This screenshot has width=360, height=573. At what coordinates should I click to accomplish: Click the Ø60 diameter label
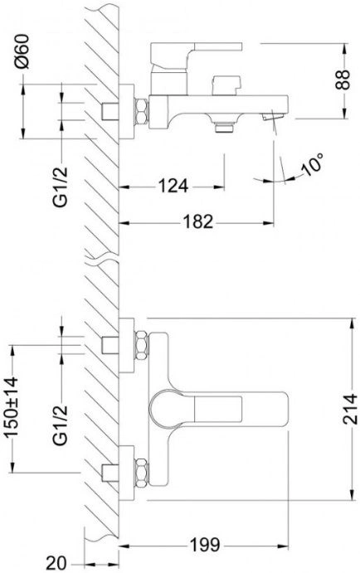coord(22,51)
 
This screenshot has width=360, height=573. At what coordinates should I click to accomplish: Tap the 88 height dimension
coord(343,80)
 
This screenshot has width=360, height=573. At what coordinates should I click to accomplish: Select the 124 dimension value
coord(173,186)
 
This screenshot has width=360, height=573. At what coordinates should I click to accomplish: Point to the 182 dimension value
coord(197,221)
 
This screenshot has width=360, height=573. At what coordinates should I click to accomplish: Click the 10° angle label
coord(312,165)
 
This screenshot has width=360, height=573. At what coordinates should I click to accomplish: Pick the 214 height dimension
coord(350,409)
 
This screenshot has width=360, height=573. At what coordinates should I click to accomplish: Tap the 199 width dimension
coord(205,546)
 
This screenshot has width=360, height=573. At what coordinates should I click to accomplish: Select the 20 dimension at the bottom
coord(56,563)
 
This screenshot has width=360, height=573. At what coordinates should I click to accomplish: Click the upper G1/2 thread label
coord(61,186)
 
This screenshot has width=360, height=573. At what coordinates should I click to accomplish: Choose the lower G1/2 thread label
coord(61,425)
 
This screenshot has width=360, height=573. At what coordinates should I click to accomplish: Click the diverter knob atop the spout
coord(226,85)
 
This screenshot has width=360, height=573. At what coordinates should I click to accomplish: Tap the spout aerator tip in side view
coord(273,117)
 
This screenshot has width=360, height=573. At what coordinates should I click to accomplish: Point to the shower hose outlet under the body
coord(224,127)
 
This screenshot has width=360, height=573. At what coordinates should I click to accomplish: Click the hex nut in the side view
coord(142,111)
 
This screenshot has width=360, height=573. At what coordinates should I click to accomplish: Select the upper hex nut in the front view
coord(142,345)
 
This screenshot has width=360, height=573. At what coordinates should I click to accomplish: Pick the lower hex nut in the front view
coord(142,473)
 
